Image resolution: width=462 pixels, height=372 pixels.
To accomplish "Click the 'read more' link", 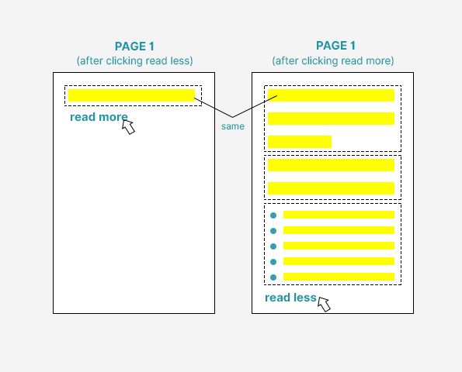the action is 99,117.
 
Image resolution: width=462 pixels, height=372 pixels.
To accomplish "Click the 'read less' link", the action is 290,298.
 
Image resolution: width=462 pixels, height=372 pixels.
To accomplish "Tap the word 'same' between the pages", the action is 233,126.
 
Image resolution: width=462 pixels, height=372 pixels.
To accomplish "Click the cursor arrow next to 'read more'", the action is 129,127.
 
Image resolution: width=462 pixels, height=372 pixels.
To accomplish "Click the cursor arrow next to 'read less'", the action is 324,305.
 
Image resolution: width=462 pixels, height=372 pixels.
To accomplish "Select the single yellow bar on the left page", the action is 131,95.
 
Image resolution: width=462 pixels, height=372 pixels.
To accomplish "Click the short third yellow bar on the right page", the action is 300,142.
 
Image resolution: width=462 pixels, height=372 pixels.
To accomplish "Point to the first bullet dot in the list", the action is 273,215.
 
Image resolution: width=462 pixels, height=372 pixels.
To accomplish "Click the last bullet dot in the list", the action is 273,277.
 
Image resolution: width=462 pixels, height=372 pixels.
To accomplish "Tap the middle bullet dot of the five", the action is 273,246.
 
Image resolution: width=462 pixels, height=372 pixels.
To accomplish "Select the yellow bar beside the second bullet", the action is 339,230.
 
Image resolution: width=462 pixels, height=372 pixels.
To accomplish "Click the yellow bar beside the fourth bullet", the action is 339,261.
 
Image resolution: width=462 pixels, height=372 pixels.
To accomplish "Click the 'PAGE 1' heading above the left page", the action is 134,46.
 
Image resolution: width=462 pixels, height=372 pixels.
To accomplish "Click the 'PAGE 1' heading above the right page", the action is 335,46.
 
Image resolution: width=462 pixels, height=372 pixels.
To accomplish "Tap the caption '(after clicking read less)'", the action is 134,61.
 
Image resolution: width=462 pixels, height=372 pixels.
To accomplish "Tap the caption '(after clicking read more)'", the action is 333,61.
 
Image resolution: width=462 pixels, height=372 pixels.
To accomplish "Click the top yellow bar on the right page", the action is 332,95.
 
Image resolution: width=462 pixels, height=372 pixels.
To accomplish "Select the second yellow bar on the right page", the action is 332,119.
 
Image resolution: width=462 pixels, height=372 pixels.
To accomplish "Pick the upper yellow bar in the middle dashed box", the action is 332,165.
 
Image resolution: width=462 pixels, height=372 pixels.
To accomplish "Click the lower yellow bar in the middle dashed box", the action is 332,188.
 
